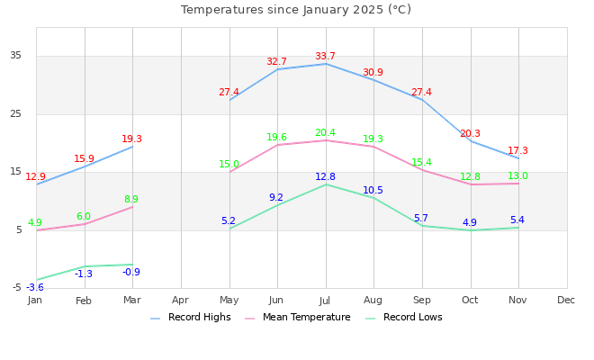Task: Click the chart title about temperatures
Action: point(296,10)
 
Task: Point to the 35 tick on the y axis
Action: point(15,56)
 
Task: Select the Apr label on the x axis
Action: point(180,300)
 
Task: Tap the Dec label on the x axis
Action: point(566,300)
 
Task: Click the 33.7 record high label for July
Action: point(325,57)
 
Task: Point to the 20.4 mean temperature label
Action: point(325,133)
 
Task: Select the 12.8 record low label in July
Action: point(325,177)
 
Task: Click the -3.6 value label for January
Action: point(35,288)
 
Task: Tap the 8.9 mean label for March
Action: point(131,200)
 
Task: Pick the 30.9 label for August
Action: point(373,73)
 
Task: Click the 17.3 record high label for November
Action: point(517,151)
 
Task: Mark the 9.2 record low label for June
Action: point(276,198)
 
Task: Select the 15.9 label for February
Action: point(84,159)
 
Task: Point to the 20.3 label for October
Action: point(470,134)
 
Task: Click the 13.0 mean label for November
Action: point(517,176)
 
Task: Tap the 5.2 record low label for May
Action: point(229,221)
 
